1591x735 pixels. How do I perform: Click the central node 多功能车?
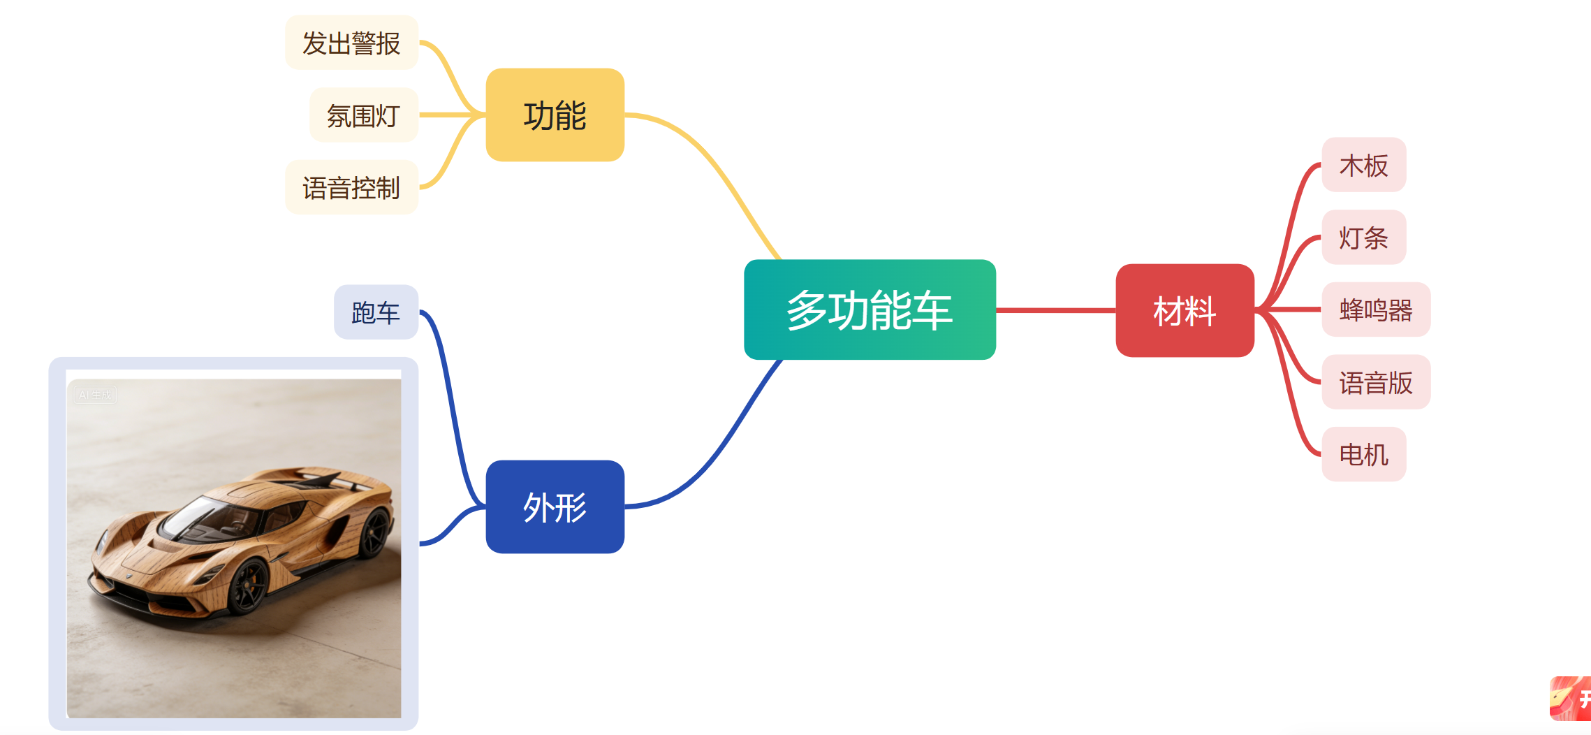pos(870,310)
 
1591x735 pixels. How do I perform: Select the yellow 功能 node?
pos(555,115)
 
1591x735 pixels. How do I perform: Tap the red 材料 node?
pos(1185,310)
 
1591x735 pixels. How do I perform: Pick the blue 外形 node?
pos(555,507)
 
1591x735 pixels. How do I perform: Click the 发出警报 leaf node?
pos(351,43)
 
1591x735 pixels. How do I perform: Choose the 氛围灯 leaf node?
pos(363,115)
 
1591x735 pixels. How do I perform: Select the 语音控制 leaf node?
pos(351,188)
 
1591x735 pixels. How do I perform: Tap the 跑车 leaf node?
pos(376,312)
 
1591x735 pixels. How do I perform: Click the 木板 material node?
pos(1363,166)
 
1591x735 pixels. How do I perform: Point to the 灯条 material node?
pos(1363,238)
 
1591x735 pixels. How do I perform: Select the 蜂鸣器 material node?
pos(1375,310)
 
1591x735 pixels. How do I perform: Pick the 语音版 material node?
pos(1375,382)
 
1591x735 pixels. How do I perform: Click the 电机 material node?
pos(1363,455)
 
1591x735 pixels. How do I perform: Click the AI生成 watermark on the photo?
pos(95,395)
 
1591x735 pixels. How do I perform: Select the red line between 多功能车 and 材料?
pos(1055,310)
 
